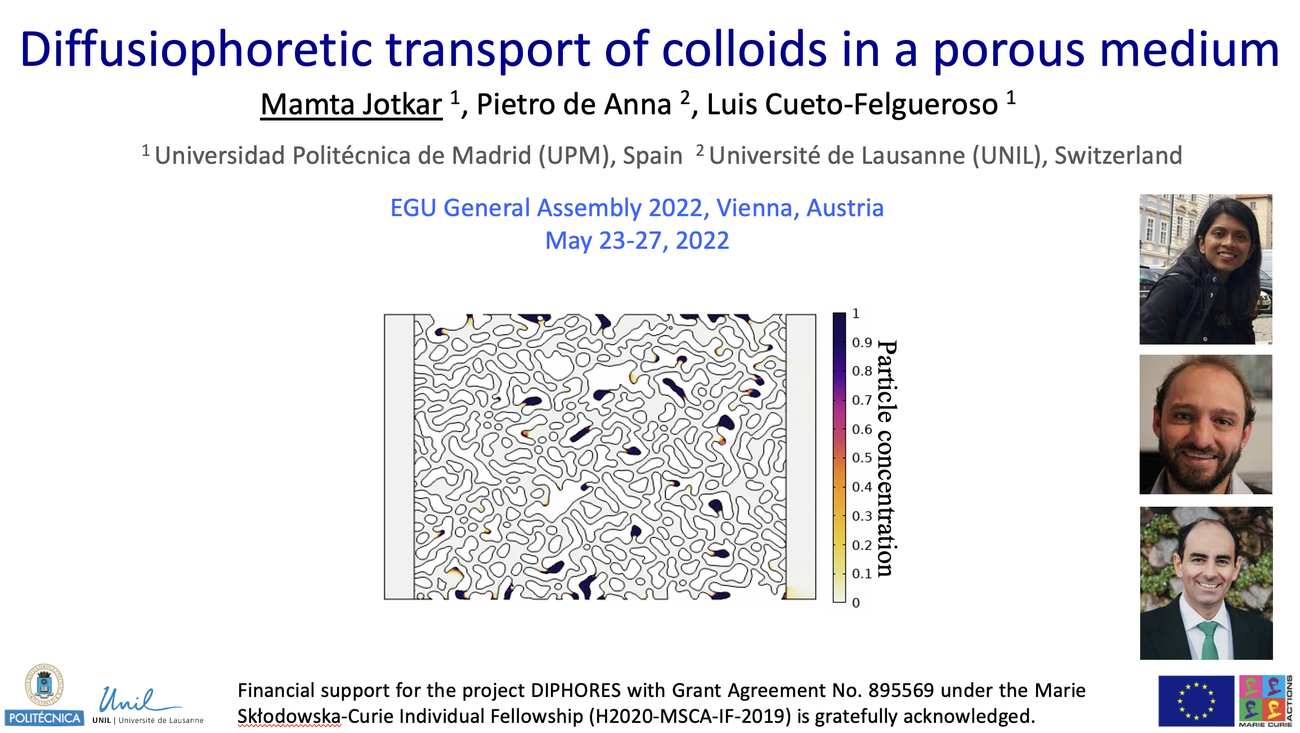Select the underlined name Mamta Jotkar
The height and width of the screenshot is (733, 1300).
pos(351,105)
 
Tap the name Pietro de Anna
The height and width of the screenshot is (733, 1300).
pos(574,105)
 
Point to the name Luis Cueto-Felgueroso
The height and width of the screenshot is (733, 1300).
pos(852,105)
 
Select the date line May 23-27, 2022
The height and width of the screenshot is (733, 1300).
pos(637,241)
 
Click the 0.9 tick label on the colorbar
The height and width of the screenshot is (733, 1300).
pos(862,342)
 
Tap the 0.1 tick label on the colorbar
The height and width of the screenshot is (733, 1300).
pos(862,574)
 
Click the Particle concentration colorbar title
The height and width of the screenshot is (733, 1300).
pos(887,458)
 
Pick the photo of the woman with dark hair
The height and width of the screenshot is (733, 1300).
pos(1205,269)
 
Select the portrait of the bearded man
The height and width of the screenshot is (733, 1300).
pos(1205,424)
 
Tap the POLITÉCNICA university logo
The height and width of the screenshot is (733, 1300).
pos(44,695)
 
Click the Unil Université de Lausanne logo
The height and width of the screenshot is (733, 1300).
pos(147,705)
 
